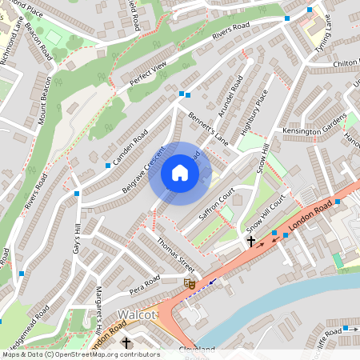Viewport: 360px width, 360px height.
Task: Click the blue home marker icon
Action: (x=180, y=173)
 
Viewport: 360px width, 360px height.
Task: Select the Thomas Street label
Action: (x=175, y=254)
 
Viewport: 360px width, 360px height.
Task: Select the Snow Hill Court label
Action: (x=266, y=214)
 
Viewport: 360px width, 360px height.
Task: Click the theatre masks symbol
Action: (x=190, y=282)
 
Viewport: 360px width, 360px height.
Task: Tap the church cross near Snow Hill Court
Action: (x=250, y=240)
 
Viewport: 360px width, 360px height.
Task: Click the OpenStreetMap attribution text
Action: (x=80, y=354)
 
